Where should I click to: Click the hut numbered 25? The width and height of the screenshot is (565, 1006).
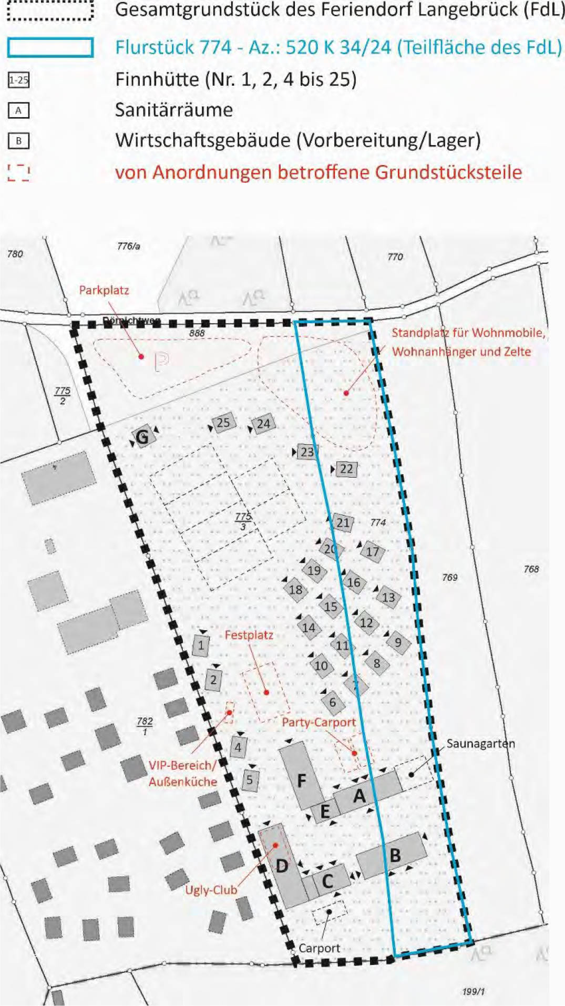223,423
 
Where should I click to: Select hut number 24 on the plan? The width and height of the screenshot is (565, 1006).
263,424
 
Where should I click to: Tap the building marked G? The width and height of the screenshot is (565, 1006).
143,436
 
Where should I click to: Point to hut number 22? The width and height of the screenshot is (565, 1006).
346,469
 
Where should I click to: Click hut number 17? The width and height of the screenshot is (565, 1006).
373,552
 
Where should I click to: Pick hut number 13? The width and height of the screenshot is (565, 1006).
388,597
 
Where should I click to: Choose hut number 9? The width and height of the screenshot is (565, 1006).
398,642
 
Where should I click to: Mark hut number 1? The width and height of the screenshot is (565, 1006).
201,645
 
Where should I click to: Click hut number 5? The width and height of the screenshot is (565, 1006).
250,780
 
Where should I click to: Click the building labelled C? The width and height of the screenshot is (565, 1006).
328,881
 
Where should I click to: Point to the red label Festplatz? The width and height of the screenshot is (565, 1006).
249,635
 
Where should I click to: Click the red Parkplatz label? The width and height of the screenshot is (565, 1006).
104,290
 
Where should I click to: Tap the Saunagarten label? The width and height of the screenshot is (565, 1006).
480,744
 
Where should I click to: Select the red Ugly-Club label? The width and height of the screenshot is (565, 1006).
211,890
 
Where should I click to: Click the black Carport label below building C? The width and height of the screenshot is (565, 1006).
319,948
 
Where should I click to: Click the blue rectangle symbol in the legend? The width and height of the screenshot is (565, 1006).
50,47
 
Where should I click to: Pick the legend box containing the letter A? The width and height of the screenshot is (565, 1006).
18,110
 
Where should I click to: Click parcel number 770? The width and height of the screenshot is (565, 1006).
395,257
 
